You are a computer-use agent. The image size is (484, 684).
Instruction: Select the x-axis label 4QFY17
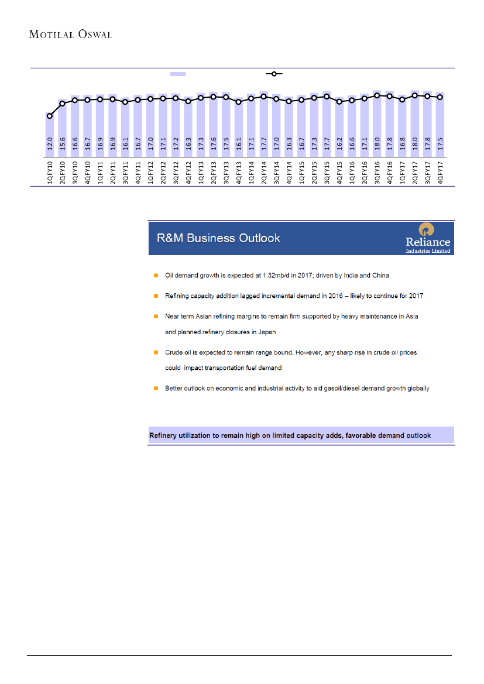click(440, 172)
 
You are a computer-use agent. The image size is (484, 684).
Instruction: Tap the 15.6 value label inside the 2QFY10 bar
click(63, 143)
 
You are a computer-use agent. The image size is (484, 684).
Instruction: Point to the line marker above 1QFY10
click(50, 116)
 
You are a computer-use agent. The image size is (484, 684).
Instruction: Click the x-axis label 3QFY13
click(226, 172)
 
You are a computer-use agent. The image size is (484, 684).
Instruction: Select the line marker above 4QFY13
click(238, 102)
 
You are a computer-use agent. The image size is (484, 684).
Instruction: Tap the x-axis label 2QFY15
click(314, 172)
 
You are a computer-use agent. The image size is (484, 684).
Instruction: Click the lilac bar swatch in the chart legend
click(178, 74)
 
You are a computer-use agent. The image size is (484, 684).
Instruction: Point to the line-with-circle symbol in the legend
click(274, 74)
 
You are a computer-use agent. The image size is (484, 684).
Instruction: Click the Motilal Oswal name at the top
click(70, 34)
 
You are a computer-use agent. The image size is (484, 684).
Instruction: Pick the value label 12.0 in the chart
click(50, 143)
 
